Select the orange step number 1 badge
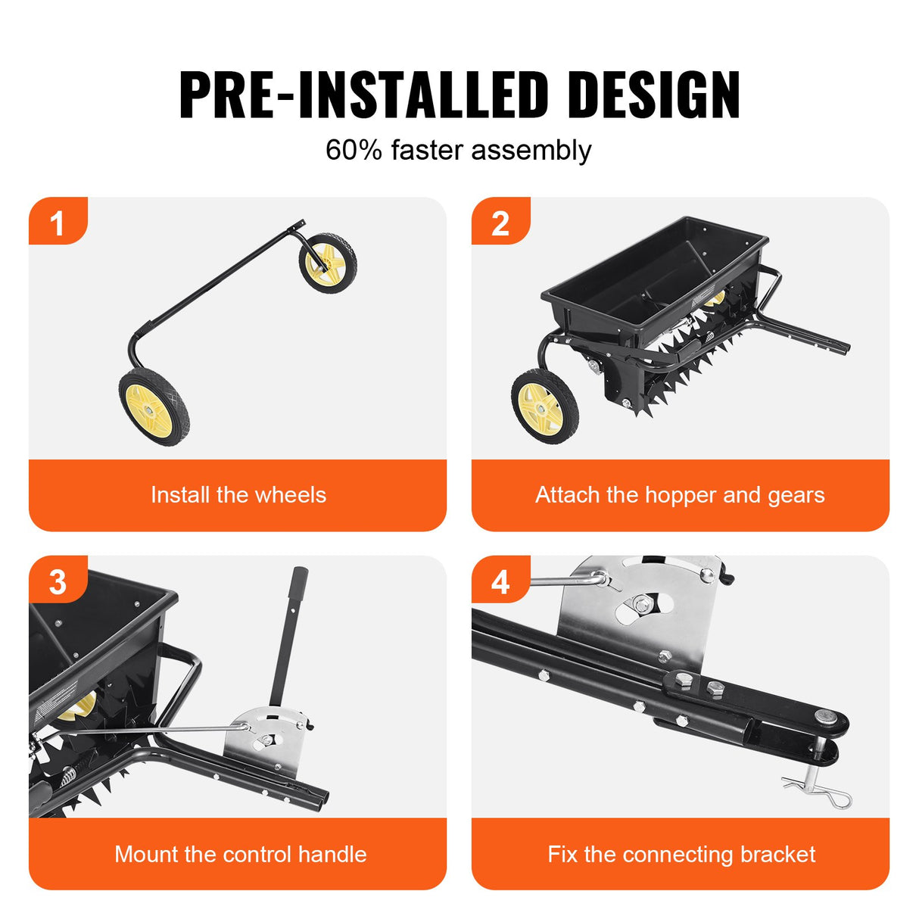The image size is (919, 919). pyautogui.click(x=58, y=223)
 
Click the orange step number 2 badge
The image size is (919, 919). pyautogui.click(x=500, y=223)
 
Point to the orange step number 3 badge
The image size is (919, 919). pyautogui.click(x=58, y=581)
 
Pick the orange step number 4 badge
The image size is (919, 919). pyautogui.click(x=500, y=581)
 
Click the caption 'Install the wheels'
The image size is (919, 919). pyautogui.click(x=238, y=495)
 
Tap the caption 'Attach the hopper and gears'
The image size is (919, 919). pyautogui.click(x=680, y=495)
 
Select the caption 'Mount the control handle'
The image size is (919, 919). pyautogui.click(x=240, y=854)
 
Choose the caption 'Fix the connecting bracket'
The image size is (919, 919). pyautogui.click(x=681, y=854)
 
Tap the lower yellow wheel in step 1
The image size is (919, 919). pyautogui.click(x=154, y=407)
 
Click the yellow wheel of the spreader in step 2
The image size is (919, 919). pyautogui.click(x=544, y=407)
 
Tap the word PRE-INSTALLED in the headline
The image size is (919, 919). pyautogui.click(x=363, y=95)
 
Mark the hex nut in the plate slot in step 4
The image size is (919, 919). pyautogui.click(x=642, y=603)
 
